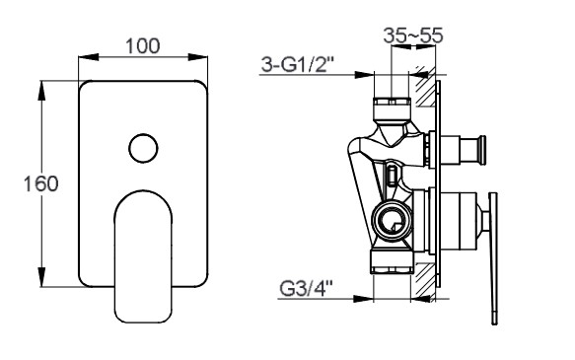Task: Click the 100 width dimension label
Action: click(143, 45)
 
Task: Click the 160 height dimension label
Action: click(41, 183)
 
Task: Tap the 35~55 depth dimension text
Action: click(413, 36)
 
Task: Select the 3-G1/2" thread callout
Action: click(297, 65)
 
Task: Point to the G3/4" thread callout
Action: click(306, 289)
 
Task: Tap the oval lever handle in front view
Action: click(143, 256)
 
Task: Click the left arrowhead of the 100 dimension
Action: click(89, 57)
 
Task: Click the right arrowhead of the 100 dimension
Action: click(197, 57)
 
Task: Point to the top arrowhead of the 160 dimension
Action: click(42, 90)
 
